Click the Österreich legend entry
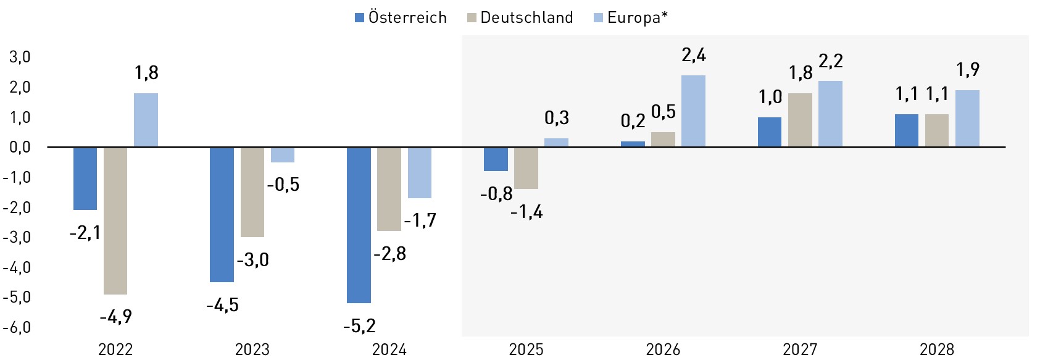[401, 18]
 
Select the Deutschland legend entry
[520, 18]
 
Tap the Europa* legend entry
[631, 18]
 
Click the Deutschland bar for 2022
[115, 220]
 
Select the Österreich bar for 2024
[359, 225]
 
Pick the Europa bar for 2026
[693, 111]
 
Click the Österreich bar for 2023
[222, 214]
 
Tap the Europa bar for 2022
[146, 120]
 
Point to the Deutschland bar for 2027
[800, 120]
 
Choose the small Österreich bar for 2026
[633, 144]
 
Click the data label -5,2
[359, 325]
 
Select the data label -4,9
[115, 317]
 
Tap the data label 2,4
[694, 56]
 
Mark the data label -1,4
[526, 212]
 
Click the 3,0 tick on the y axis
[19, 57]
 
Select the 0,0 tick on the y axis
[19, 148]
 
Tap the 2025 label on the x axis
[526, 350]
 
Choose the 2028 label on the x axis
[936, 350]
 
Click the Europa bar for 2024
[420, 172]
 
